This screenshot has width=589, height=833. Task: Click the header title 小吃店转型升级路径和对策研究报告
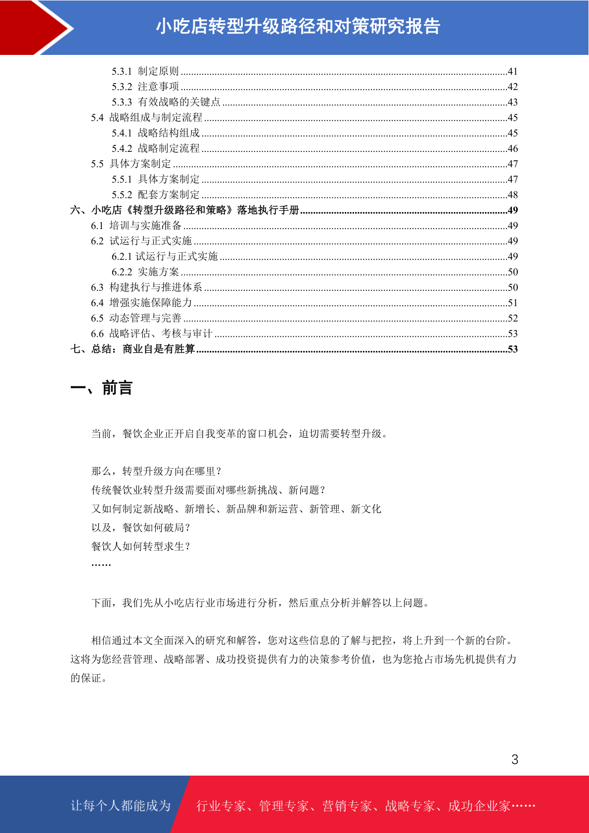coord(298,27)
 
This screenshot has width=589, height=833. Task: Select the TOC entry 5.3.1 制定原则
coord(145,71)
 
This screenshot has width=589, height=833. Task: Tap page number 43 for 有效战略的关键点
coord(512,102)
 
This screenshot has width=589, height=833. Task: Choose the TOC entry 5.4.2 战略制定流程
coord(155,148)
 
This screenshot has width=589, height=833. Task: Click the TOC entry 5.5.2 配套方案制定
coord(155,195)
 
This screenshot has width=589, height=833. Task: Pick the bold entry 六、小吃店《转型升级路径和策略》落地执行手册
coord(184,210)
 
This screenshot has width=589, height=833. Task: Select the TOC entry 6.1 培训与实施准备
coord(136,226)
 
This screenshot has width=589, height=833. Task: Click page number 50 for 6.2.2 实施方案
coord(512,272)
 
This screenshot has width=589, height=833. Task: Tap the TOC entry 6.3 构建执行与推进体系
coord(146,287)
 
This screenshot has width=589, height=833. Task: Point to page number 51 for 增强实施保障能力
coord(512,303)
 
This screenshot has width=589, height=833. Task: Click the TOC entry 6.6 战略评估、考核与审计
coord(151,334)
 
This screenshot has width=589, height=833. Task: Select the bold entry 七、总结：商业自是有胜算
coord(133,349)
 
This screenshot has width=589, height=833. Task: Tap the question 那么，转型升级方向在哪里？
coord(156,471)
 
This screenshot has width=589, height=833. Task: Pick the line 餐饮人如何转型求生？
coord(141,547)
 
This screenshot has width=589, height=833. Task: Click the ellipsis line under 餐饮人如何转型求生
coord(101,564)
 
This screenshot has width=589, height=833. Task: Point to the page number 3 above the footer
coord(515,760)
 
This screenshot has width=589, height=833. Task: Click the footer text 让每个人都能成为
coord(121,806)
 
